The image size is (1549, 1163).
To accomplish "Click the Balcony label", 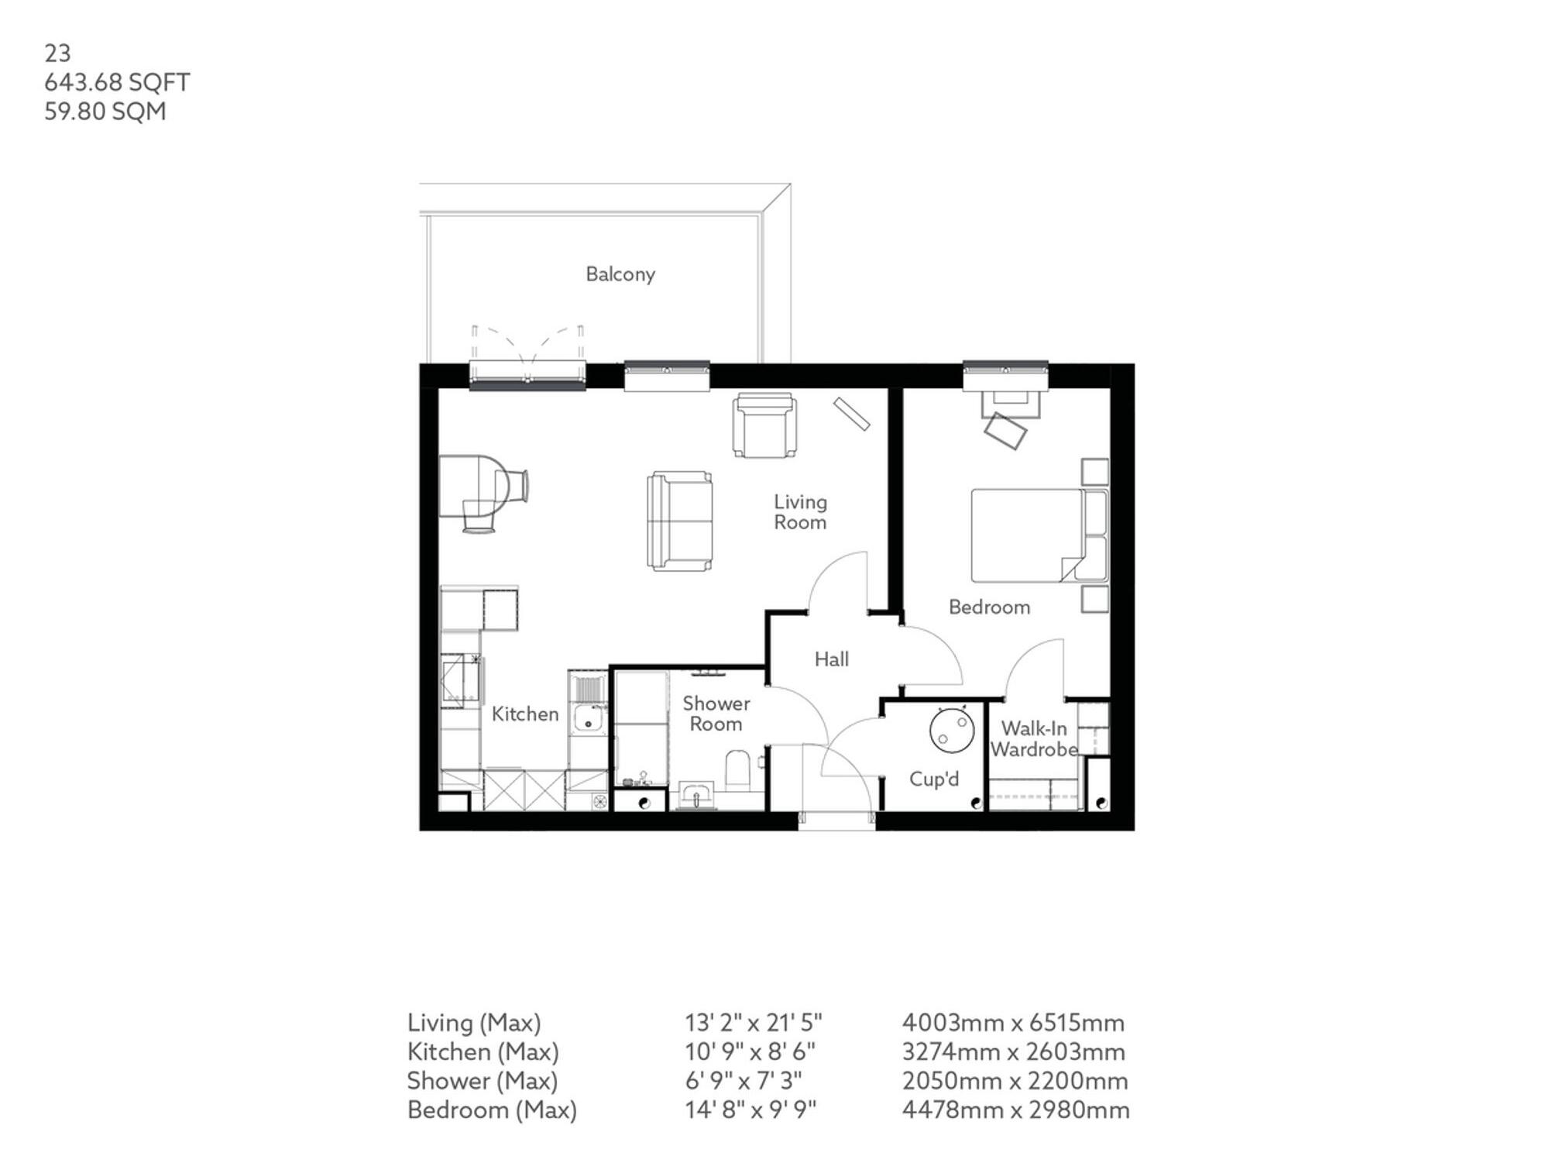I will coord(620,274).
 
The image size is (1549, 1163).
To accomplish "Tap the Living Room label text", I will coord(800,512).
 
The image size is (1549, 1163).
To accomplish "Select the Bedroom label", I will coord(989,607).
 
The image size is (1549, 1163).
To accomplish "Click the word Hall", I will coord(831,659).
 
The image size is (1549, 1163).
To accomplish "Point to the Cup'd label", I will coord(933,779).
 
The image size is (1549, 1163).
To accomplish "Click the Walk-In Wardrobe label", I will coord(1033,739).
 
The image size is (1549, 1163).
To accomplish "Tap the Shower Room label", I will coord(716,714).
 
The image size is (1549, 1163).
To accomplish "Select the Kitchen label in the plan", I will coord(524,714).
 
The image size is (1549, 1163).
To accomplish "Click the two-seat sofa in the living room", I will coord(680,521).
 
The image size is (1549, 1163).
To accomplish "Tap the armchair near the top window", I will coord(764,425).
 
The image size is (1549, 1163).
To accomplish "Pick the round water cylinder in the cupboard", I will coord(952,730).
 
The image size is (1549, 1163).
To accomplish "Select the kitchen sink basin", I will coord(587,717).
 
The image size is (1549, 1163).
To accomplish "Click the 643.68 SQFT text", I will coord(117,82).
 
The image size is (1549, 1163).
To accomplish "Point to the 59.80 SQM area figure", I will coord(105,112).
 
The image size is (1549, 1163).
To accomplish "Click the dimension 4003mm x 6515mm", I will coord(1012,1023).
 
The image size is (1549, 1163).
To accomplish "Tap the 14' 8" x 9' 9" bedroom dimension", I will coord(750,1110).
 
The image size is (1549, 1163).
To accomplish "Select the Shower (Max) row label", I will coord(482,1081).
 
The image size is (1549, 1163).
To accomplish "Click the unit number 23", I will coord(57,53).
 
